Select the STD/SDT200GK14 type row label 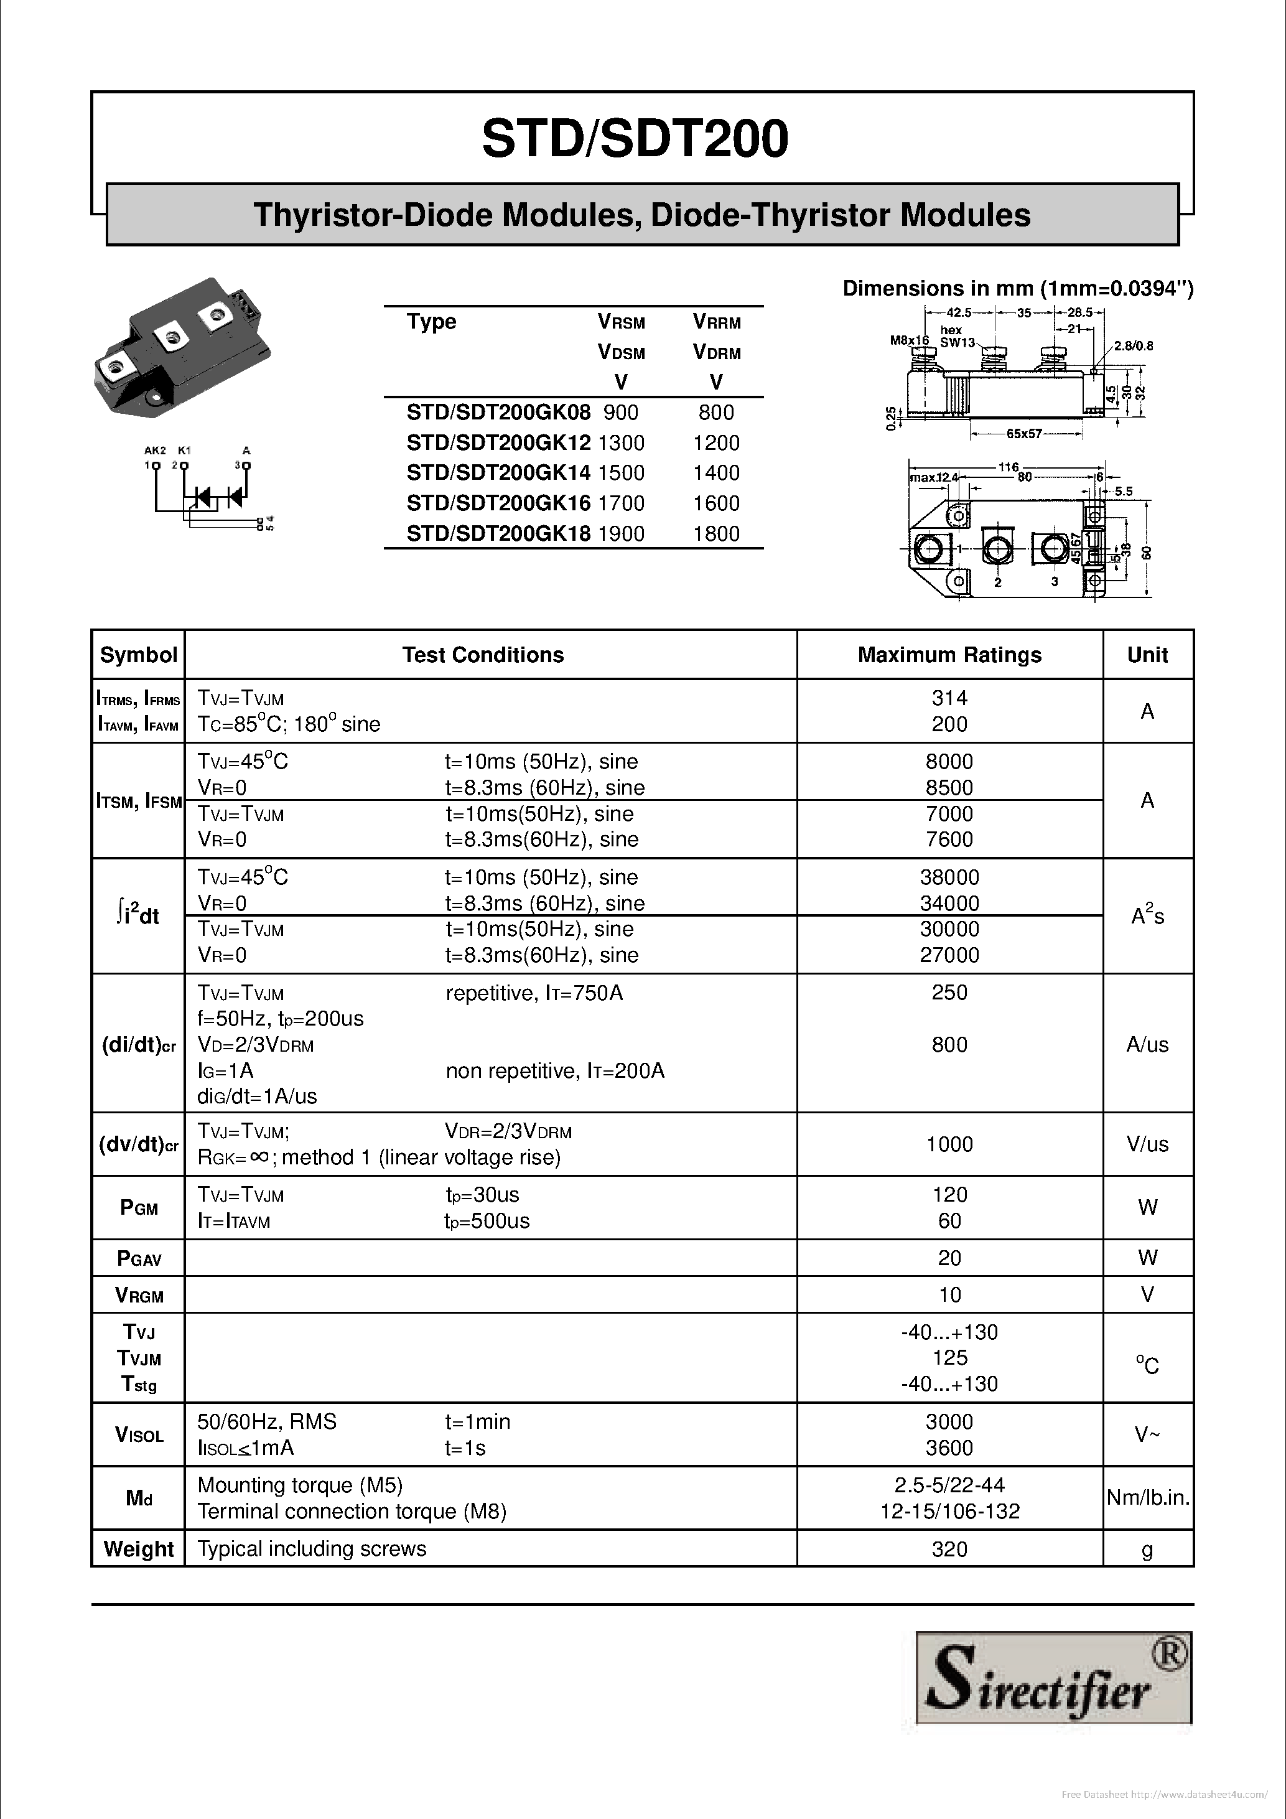click(498, 473)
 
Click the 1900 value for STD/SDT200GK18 click(621, 533)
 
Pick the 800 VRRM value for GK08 click(716, 412)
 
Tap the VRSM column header click(621, 322)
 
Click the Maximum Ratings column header click(949, 655)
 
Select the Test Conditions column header click(482, 655)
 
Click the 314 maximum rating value click(949, 698)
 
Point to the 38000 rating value click(949, 877)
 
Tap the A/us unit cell click(1147, 1044)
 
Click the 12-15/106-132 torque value click(949, 1512)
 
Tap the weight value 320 click(949, 1549)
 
